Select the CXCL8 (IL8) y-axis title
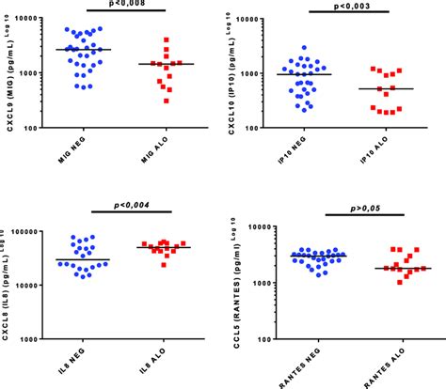tap(8, 282)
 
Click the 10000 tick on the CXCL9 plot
tap(39, 19)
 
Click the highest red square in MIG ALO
tap(166, 40)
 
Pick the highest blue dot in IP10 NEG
tap(304, 47)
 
